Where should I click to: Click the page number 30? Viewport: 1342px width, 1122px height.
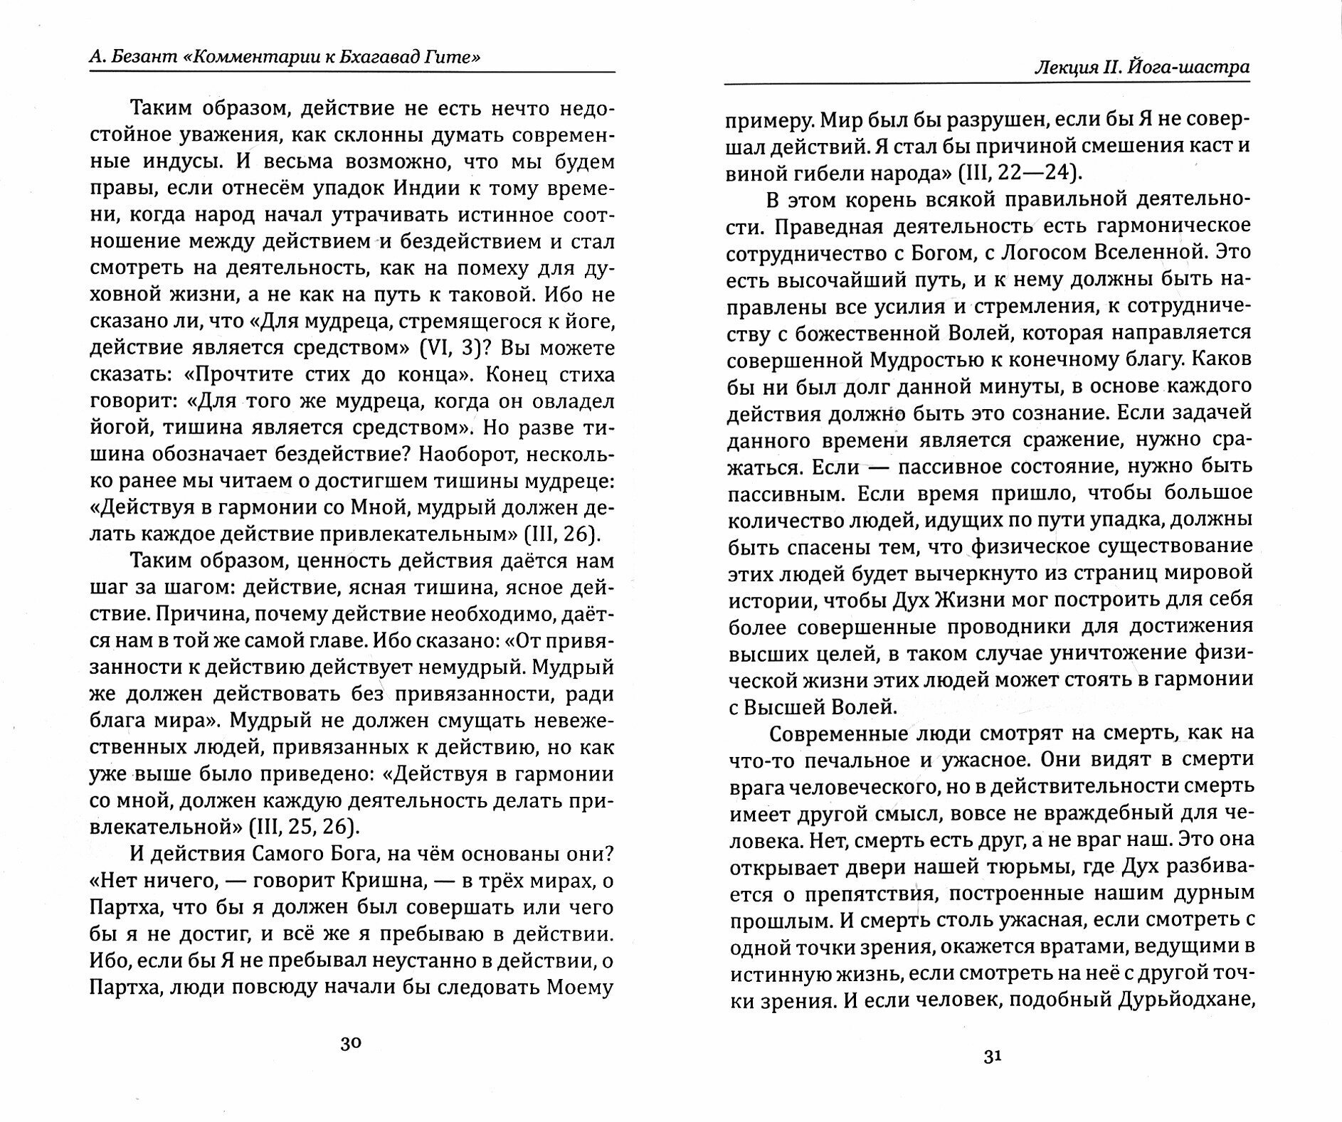pos(351,1044)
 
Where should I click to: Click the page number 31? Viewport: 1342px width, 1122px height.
pos(993,1057)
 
